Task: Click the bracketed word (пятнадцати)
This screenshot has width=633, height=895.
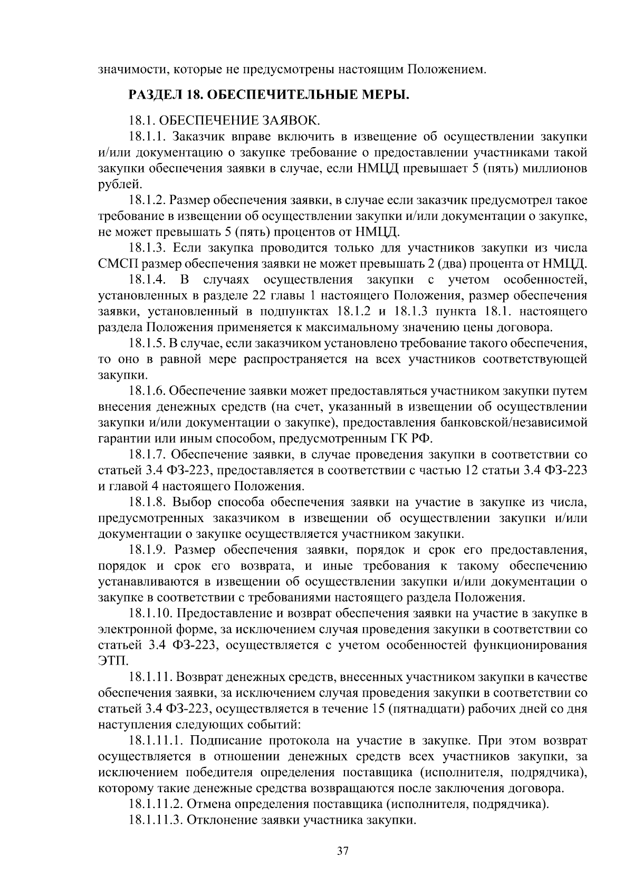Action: click(426, 708)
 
